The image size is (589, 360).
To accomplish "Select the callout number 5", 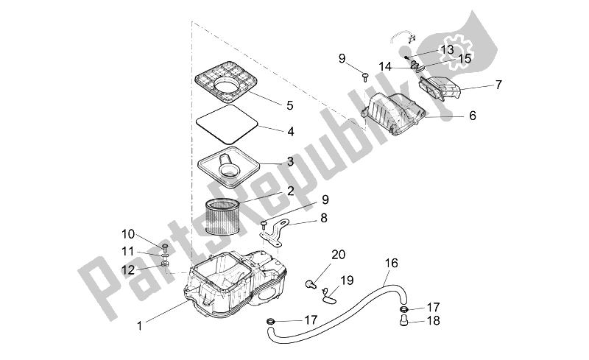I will pos(269,105).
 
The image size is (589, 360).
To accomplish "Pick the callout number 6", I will pos(472,116).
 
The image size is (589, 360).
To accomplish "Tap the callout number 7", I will pos(498,85).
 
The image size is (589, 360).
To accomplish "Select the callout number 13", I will pos(448,49).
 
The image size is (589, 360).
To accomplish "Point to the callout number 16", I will pos(391,262).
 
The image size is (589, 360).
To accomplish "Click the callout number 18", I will pos(433,321).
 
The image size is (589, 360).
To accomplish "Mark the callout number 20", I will pos(338,255).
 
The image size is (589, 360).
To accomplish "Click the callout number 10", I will pos(128,234).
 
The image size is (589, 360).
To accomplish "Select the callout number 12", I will pos(128,269).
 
